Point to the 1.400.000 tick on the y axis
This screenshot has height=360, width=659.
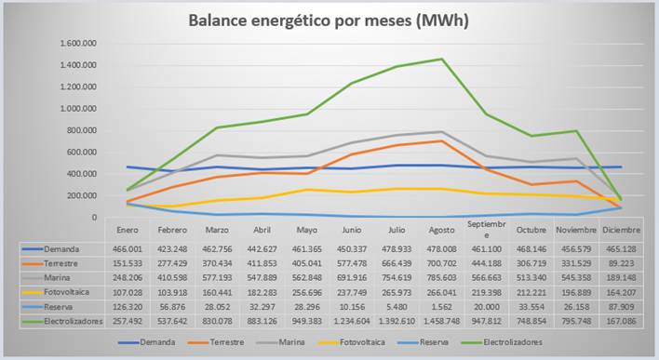pos(78,65)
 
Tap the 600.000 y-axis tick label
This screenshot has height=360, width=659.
pos(82,152)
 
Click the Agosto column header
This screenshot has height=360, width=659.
pos(441,230)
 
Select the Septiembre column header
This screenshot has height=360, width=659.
pos(486,230)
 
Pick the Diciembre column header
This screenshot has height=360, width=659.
pos(621,230)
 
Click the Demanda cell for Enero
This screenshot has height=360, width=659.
pos(128,249)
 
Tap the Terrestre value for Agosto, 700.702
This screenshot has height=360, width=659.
pos(441,263)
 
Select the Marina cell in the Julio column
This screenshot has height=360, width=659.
pos(397,277)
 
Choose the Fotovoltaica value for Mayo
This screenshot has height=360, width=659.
pos(307,292)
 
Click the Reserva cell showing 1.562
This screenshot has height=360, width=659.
pos(441,307)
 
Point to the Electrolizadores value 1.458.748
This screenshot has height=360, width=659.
pos(441,321)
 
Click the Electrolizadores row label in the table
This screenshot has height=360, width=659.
pos(74,321)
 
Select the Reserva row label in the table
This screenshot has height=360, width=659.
pos(58,307)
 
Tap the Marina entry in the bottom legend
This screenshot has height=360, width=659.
pos(291,342)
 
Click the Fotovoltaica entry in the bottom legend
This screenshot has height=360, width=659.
pos(362,342)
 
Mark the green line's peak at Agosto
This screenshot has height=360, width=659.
pos(441,59)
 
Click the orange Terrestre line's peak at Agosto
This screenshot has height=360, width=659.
pos(441,141)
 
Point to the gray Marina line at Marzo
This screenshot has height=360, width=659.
pos(217,155)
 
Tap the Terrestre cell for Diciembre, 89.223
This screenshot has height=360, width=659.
pos(621,263)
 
